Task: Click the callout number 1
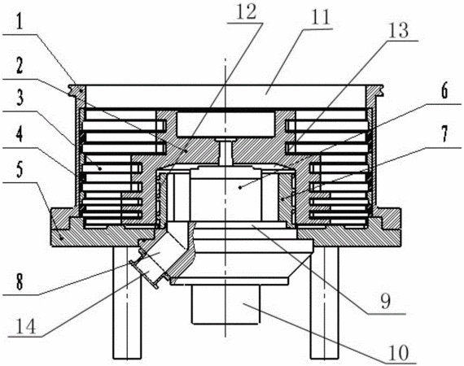pos(20,24)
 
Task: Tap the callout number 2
pos(20,68)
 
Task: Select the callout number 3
pos(20,98)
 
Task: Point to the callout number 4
pos(20,136)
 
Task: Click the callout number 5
pos(20,171)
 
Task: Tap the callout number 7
pos(444,134)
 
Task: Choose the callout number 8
pos(20,282)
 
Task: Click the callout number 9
pos(385,302)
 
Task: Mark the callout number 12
pos(245,12)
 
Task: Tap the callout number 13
pos(398,31)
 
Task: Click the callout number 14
pos(26,327)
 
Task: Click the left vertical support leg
pos(127,303)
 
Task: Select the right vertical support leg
pos(324,303)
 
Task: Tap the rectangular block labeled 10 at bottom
pos(225,304)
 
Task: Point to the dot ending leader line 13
pos(240,187)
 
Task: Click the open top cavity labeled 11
pos(225,97)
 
